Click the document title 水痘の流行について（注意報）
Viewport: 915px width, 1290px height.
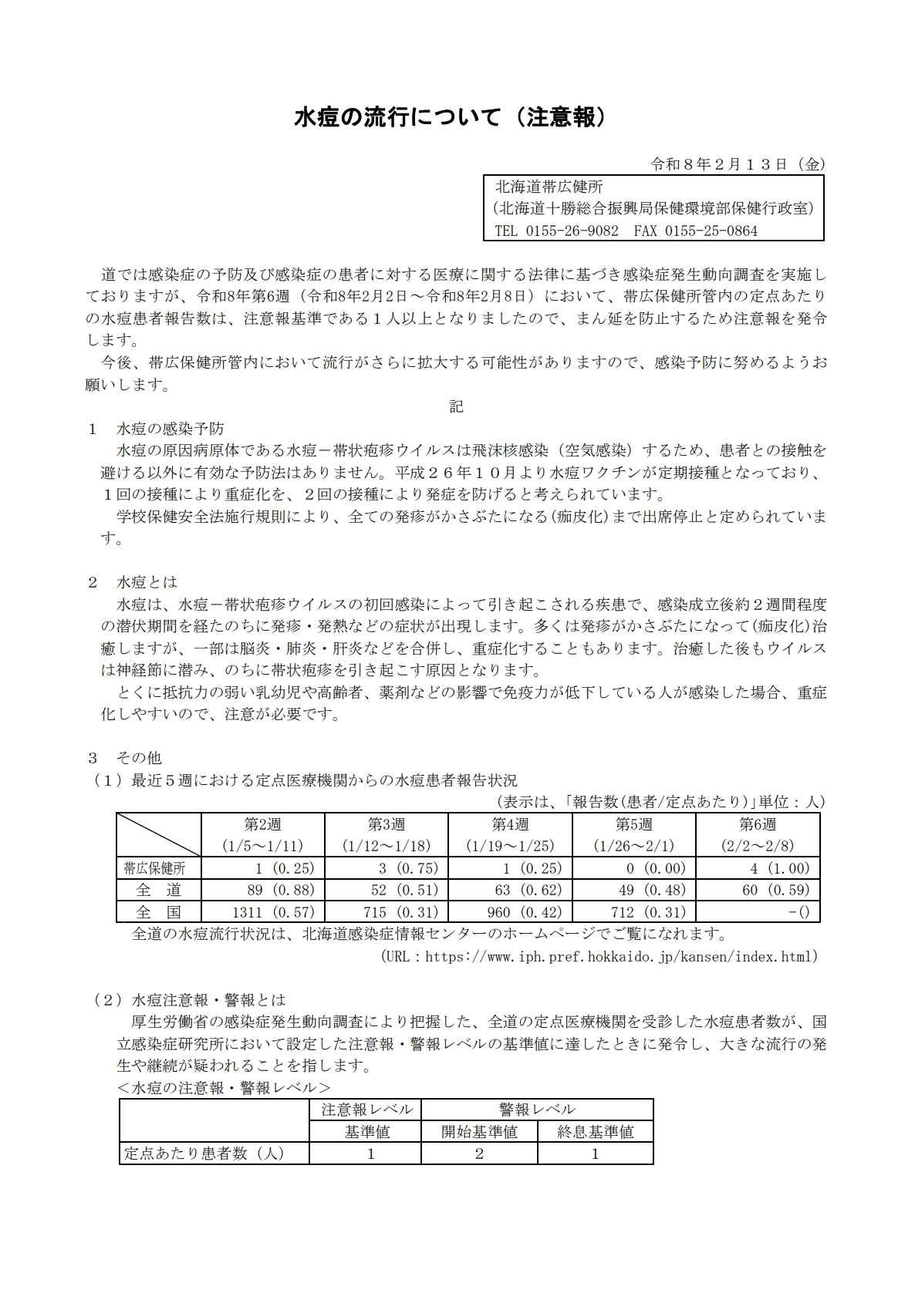coord(457,117)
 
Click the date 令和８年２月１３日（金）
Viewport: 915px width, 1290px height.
coord(738,164)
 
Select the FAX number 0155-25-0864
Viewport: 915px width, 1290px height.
coord(711,231)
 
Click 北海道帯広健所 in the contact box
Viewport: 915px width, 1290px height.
coord(549,187)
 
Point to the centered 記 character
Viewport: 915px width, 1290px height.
coord(457,406)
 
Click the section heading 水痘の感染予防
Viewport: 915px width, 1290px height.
coord(170,429)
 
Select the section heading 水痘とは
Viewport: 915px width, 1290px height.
coord(147,582)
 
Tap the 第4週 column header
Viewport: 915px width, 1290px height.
coord(510,824)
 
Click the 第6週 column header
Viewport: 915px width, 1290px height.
coord(757,824)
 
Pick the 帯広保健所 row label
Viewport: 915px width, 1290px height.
coord(154,868)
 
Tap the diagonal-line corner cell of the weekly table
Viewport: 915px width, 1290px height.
coord(158,834)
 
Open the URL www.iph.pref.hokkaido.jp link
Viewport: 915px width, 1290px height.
coord(621,957)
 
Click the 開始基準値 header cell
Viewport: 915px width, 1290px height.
coord(479,1132)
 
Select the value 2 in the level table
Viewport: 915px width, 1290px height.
coord(479,1154)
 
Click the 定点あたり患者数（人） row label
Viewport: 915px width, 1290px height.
coord(204,1154)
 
